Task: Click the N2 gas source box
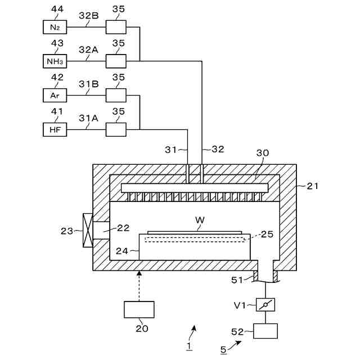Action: [55, 27]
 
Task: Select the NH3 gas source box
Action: [55, 61]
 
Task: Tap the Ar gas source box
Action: [55, 95]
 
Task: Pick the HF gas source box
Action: [55, 129]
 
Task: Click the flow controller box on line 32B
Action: [116, 27]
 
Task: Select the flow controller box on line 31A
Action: [116, 129]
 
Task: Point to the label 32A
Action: [89, 49]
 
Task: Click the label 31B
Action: [89, 84]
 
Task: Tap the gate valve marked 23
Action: [88, 230]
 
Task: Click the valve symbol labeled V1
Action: [265, 304]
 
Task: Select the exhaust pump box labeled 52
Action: [265, 331]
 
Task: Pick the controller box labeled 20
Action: [139, 309]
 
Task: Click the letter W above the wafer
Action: [200, 220]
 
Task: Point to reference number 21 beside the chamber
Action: [313, 186]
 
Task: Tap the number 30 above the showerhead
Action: [263, 153]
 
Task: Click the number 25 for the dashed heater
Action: [267, 234]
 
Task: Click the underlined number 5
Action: [223, 350]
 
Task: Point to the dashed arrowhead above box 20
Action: [139, 273]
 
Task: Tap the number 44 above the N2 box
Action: [57, 9]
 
